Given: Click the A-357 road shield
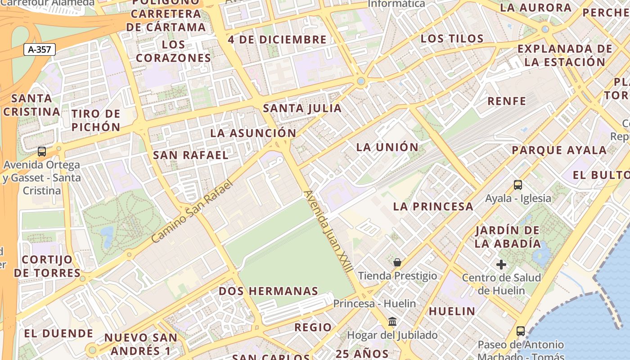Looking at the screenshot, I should (40, 49).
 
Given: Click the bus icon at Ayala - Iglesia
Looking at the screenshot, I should (518, 184).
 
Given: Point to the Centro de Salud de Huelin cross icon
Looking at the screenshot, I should (501, 265).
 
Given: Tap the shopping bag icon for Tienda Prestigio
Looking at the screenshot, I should (397, 262).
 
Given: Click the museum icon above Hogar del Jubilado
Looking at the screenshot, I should (392, 322).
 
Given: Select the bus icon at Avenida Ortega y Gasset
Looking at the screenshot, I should (42, 152).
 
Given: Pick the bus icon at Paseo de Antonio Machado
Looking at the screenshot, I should (521, 331).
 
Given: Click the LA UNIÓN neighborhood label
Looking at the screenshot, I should (387, 147).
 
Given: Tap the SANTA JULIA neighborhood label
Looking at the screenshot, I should (302, 108).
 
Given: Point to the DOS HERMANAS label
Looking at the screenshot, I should (268, 291).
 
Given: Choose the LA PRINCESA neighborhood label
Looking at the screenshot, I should (433, 207).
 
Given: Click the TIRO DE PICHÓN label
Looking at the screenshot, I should (96, 120).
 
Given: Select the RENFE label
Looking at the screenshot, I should (507, 101).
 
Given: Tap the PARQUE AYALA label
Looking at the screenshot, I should (559, 150).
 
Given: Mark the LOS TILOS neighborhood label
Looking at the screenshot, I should (452, 39).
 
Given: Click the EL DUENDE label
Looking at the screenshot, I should (58, 333).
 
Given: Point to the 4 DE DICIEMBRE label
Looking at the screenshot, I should (277, 40).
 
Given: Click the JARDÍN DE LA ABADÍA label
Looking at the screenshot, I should (508, 237).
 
